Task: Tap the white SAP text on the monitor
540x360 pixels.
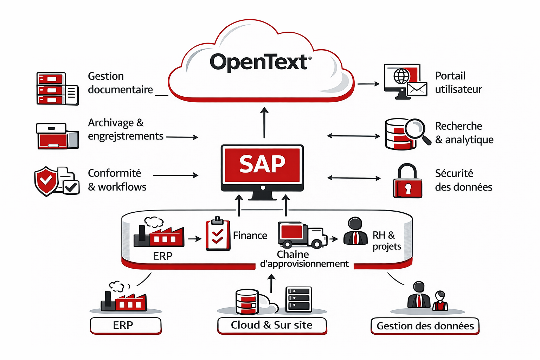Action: tap(262, 164)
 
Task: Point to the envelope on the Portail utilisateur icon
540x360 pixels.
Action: tap(417, 89)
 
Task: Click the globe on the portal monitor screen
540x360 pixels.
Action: tap(401, 76)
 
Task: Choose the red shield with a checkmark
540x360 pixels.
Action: tap(46, 181)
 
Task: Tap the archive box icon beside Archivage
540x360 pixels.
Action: tap(57, 136)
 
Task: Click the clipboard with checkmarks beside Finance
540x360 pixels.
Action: tap(218, 233)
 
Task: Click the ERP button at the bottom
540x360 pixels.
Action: tap(126, 326)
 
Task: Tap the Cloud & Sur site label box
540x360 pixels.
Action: tap(272, 326)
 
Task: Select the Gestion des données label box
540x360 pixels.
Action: tap(425, 326)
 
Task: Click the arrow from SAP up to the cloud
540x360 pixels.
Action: tap(264, 122)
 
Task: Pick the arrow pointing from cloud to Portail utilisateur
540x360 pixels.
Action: tap(368, 84)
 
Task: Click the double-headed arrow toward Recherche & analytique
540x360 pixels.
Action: tap(354, 136)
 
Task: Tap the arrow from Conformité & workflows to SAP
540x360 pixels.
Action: tap(176, 175)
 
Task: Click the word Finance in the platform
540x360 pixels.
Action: tap(250, 236)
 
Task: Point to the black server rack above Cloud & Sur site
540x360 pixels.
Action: tap(298, 300)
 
